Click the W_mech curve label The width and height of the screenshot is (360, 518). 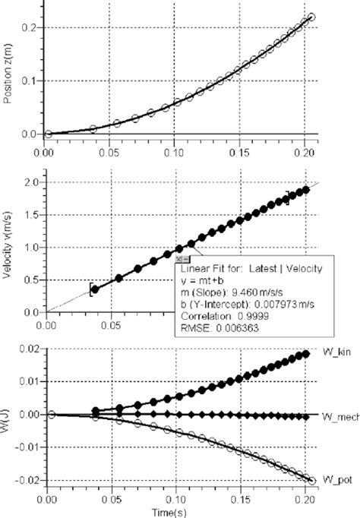334,416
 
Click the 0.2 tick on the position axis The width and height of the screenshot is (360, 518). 33,27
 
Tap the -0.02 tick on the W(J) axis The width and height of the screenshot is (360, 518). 28,481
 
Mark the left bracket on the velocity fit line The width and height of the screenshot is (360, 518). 90,289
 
